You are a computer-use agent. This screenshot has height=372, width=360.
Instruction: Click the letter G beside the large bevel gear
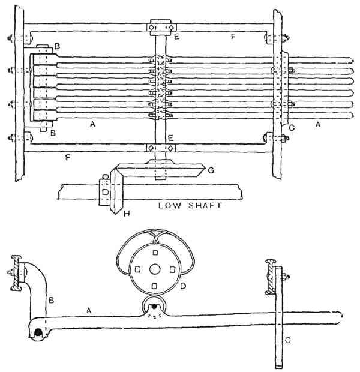tap(211, 170)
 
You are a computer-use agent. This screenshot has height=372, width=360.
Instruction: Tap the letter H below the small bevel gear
tap(127, 214)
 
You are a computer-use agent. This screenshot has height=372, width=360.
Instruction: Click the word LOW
tap(169, 205)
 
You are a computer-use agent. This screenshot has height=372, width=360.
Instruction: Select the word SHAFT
tap(205, 205)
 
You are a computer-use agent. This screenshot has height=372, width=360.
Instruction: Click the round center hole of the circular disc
tap(155, 269)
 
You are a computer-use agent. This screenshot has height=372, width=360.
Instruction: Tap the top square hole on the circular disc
tap(155, 253)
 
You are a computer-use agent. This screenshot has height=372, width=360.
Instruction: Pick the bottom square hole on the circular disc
tap(154, 286)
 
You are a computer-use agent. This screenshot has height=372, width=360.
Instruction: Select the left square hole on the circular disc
tap(137, 269)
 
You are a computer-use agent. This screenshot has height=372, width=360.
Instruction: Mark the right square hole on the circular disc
tap(173, 269)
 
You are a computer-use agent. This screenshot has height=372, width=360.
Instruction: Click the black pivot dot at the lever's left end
tap(37, 333)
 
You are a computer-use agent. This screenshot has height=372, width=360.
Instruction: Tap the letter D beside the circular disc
tap(183, 286)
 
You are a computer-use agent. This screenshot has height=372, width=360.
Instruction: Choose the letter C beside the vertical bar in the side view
tap(287, 340)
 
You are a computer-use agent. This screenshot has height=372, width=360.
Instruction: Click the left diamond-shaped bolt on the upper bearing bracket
tap(151, 28)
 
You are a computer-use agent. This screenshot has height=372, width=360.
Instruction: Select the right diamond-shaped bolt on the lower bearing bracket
tap(170, 148)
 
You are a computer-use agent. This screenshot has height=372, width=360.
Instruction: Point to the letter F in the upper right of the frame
tap(233, 36)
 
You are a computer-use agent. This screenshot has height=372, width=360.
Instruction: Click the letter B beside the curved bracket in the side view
tap(51, 301)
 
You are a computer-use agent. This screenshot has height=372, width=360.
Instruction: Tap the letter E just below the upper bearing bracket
tap(176, 37)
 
